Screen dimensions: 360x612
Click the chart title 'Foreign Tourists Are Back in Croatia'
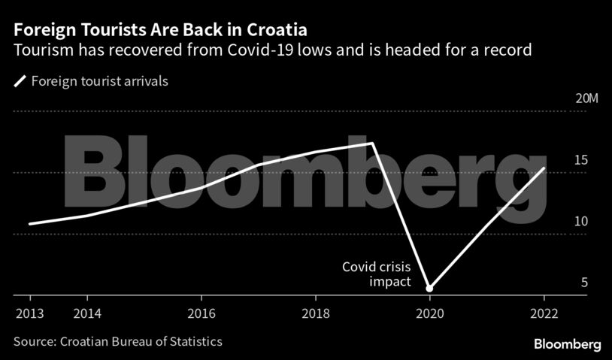(x=159, y=31)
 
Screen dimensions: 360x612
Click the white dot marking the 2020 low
(x=429, y=288)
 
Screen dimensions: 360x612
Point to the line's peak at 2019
(x=372, y=143)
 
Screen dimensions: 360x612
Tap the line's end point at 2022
(x=544, y=168)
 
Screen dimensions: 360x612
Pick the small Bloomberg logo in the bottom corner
(x=567, y=343)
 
